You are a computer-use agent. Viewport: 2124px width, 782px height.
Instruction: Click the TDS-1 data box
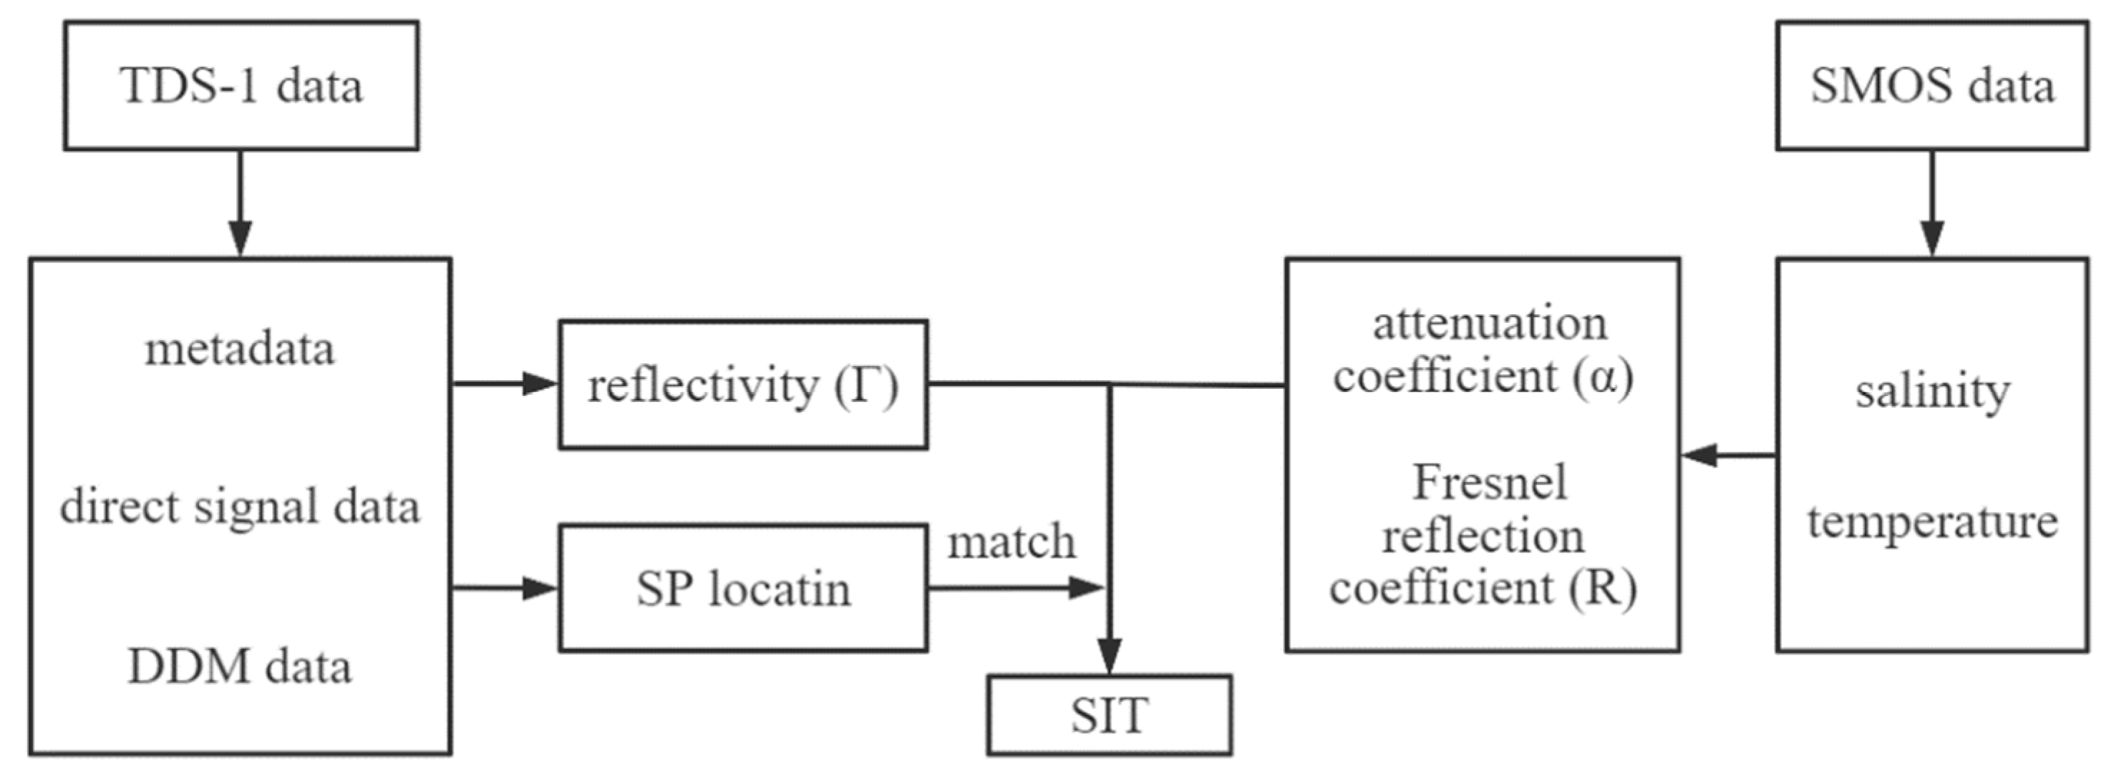[x=241, y=86]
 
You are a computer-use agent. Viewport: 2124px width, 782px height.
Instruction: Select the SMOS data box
[x=1932, y=86]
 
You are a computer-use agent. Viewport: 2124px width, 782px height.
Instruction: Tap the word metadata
[x=240, y=349]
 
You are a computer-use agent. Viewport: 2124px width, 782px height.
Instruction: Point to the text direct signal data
[x=240, y=506]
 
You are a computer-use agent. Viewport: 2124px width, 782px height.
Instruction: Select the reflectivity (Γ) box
[x=743, y=385]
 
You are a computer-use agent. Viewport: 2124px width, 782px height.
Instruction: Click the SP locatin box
[x=743, y=589]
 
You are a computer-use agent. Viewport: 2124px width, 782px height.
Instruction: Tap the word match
[x=1012, y=543]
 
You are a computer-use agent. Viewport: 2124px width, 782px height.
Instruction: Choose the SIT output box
[x=1110, y=715]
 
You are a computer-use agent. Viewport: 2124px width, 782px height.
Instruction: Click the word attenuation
[x=1489, y=324]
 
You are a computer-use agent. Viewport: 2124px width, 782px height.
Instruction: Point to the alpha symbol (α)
[x=1603, y=377]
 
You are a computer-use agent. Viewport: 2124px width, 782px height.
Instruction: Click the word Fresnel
[x=1489, y=483]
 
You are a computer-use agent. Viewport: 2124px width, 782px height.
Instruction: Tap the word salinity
[x=1932, y=391]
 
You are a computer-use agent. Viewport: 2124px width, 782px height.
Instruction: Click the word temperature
[x=1932, y=522]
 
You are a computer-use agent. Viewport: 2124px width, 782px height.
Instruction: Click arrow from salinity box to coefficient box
[x=1728, y=455]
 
